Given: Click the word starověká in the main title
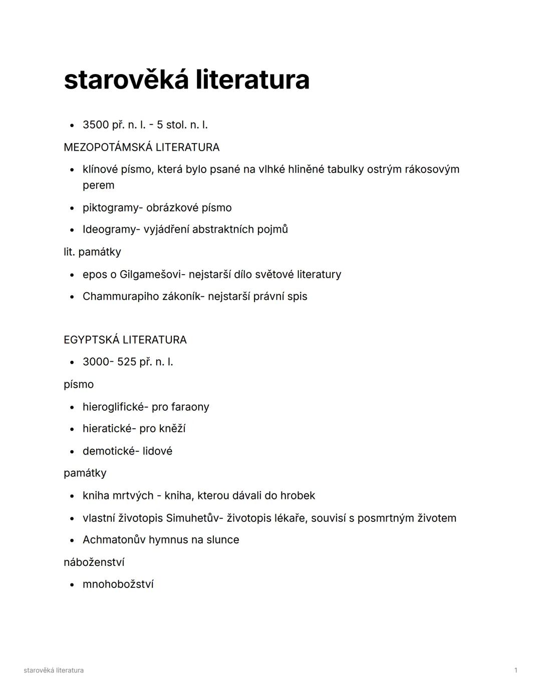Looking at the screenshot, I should [x=127, y=80].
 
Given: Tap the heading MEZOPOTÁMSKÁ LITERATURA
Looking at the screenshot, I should [x=141, y=147].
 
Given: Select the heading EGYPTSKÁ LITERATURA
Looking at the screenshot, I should [x=125, y=340].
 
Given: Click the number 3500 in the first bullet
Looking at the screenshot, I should [x=96, y=125].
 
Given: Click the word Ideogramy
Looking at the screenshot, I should [x=109, y=230].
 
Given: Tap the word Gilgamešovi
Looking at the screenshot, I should [x=152, y=274].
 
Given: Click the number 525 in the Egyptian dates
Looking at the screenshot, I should [x=126, y=362].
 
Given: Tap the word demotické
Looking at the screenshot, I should [x=109, y=451].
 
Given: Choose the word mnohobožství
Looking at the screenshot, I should [x=118, y=584].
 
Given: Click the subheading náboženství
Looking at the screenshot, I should [x=94, y=562].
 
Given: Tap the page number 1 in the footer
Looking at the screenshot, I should [x=515, y=670].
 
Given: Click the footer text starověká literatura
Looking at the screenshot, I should [x=54, y=670].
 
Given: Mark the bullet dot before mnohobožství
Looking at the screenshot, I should [x=72, y=585].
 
